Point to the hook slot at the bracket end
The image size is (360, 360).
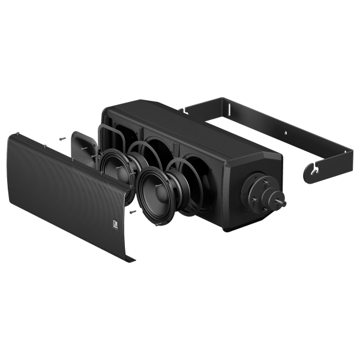[313, 173]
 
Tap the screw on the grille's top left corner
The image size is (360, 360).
[20, 134]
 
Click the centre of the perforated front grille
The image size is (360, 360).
[72, 192]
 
